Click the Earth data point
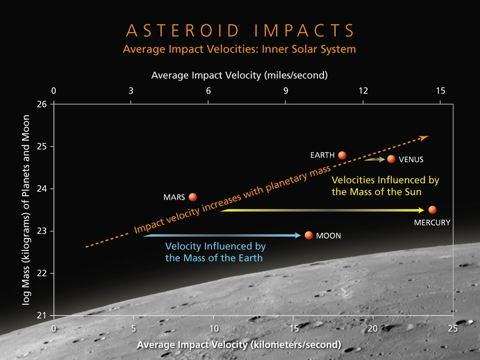[342, 155]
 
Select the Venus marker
[391, 159]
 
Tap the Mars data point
[193, 197]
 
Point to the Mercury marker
[432, 210]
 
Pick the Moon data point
[308, 235]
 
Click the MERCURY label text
[432, 223]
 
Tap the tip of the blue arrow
[300, 235]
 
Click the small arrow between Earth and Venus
[375, 159]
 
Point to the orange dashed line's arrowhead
[424, 138]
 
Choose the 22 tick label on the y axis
[42, 273]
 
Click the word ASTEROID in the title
[183, 30]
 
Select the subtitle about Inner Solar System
[240, 49]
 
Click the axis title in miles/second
[240, 75]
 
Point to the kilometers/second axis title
[239, 345]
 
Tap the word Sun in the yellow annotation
[413, 192]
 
